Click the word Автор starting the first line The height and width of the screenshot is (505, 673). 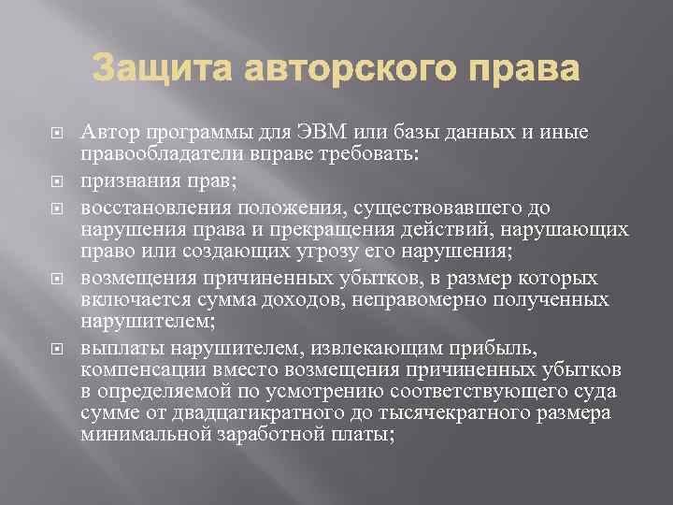pyautogui.click(x=107, y=133)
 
